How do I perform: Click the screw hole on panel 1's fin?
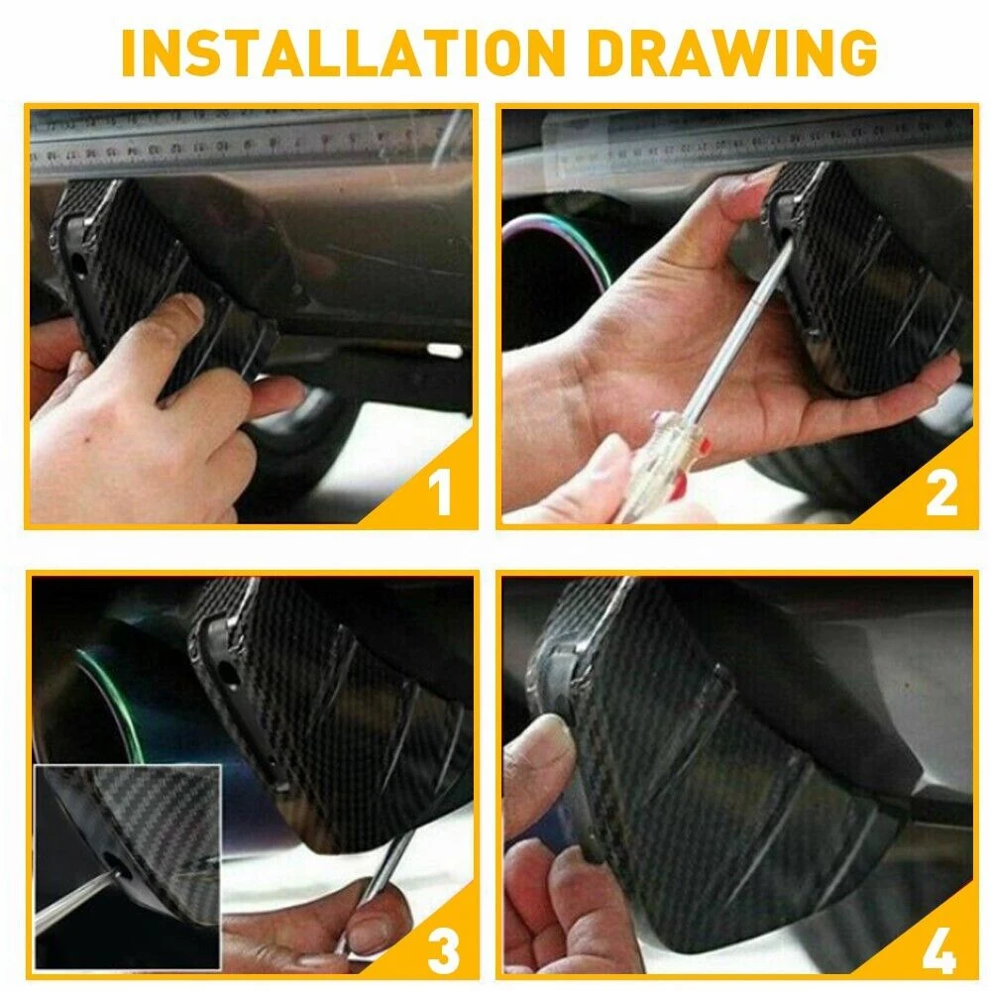[x=78, y=265]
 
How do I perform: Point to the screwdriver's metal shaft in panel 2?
[x=740, y=330]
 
